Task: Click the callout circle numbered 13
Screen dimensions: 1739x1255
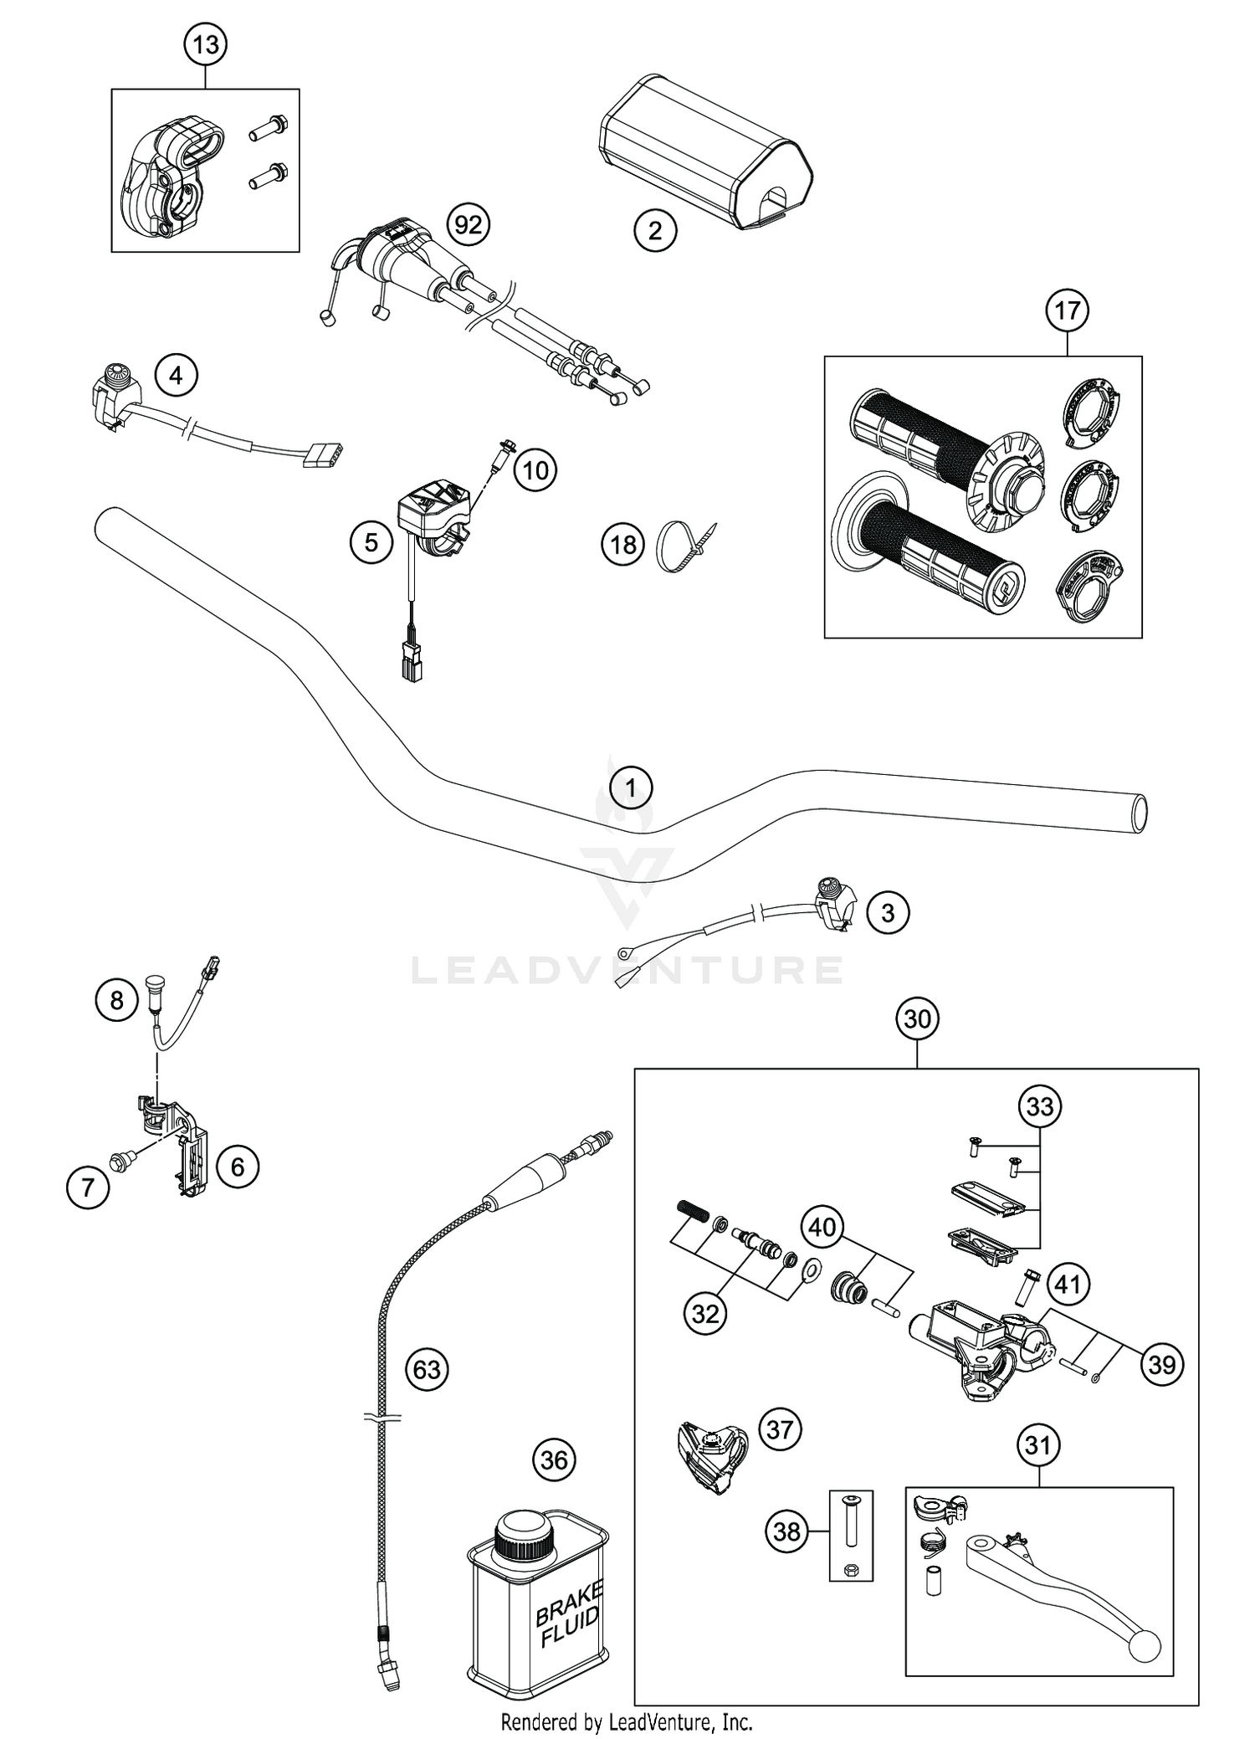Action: point(206,44)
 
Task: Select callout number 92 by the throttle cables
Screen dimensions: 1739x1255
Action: point(468,224)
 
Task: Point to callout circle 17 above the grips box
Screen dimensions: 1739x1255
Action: point(1067,310)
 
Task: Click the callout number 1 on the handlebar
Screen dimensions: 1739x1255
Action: point(631,787)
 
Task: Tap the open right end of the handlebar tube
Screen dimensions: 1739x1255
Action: point(1139,813)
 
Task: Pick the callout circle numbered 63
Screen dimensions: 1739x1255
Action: point(427,1369)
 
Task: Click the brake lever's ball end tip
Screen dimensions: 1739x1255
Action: point(1145,1649)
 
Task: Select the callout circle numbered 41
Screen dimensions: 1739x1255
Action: point(1068,1284)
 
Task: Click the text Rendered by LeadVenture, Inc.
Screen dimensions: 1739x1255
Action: point(627,1722)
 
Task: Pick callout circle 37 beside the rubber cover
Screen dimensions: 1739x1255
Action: point(779,1429)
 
